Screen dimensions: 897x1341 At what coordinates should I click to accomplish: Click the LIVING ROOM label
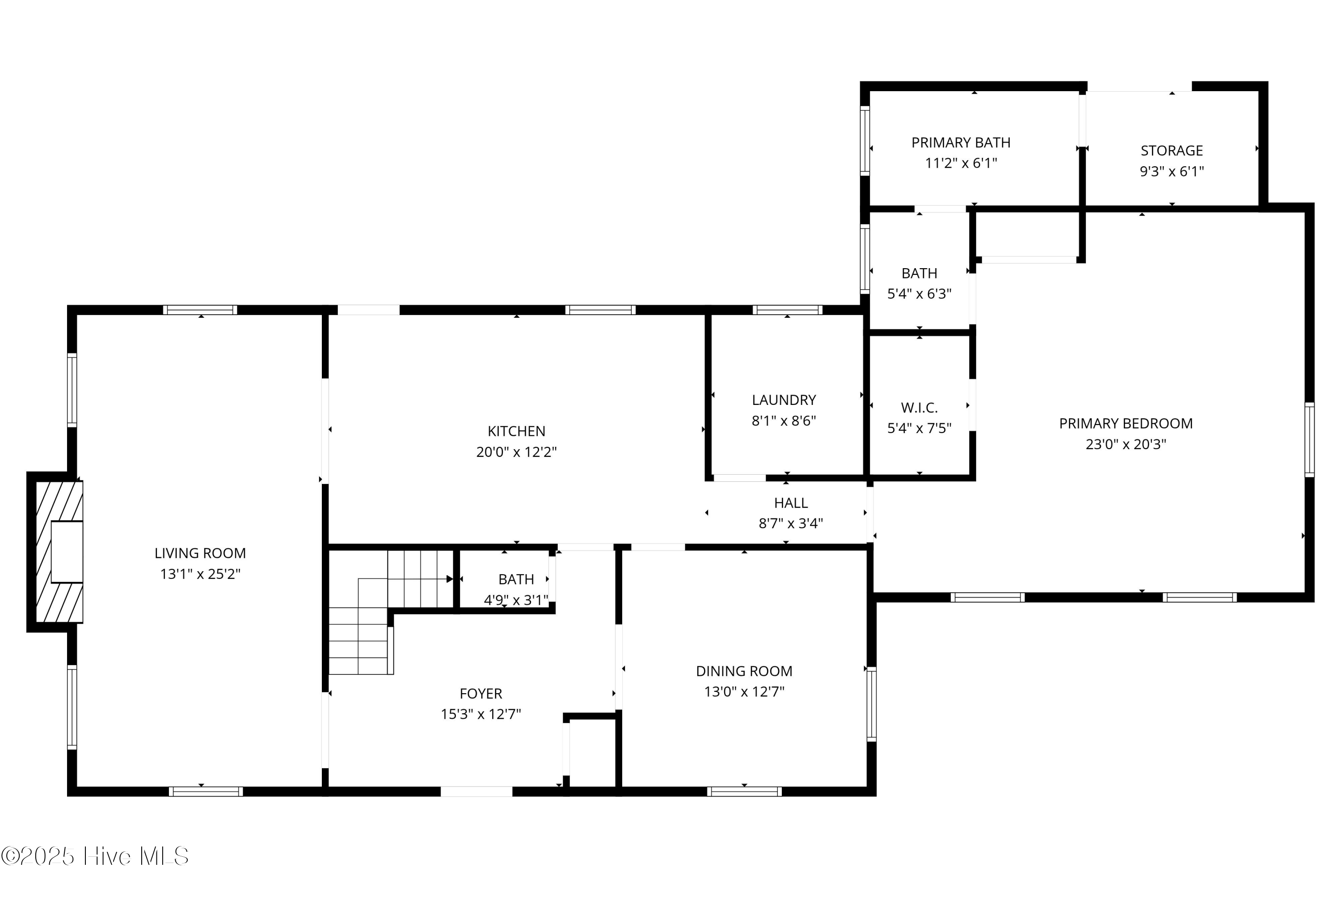click(200, 553)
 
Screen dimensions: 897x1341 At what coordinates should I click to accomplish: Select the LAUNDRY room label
click(783, 400)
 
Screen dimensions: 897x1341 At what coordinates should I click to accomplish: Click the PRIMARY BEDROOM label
click(1125, 423)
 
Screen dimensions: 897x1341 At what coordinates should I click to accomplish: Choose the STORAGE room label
click(1171, 151)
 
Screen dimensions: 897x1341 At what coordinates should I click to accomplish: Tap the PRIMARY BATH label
click(961, 143)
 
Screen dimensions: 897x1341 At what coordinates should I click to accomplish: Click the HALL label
click(791, 503)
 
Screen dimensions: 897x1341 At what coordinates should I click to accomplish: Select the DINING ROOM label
click(744, 671)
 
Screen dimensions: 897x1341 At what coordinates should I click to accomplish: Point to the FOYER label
click(481, 693)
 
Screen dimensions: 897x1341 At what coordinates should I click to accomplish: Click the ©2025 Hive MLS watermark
click(95, 856)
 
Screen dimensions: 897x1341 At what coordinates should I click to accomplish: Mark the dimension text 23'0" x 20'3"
click(1125, 444)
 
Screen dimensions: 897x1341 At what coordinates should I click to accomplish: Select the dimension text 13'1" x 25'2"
click(200, 574)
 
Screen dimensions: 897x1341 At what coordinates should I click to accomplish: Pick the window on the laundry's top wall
click(787, 310)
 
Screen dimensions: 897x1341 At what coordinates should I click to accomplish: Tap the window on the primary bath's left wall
click(864, 141)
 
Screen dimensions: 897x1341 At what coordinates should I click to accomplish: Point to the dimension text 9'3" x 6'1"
click(1171, 171)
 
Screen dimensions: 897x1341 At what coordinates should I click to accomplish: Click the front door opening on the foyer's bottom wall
click(476, 792)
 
